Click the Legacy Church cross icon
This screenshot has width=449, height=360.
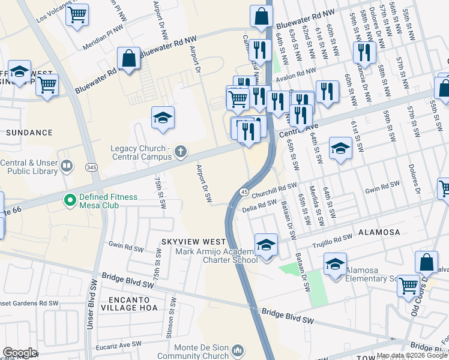point(179,153)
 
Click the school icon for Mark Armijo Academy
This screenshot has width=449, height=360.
point(266,245)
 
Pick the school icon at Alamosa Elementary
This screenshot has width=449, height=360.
point(335,263)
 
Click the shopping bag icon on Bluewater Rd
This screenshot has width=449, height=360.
point(129,59)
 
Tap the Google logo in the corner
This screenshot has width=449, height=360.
point(19,352)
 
